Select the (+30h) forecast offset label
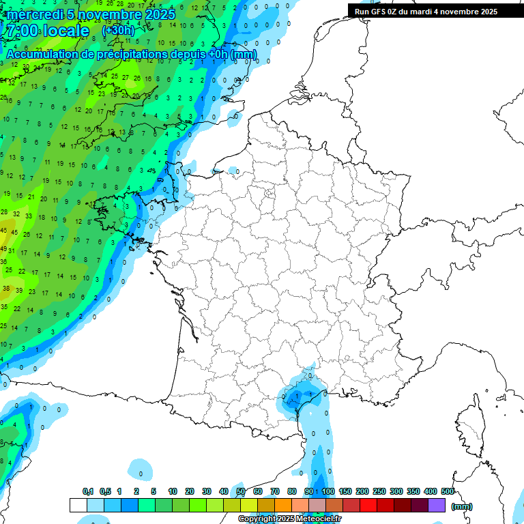pyautogui.click(x=118, y=31)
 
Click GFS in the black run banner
pyautogui.click(x=379, y=12)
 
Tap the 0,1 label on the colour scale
pyautogui.click(x=88, y=491)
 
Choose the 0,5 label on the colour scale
pyautogui.click(x=105, y=491)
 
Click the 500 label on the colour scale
pyautogui.click(x=448, y=491)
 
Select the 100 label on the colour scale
pyautogui.click(x=328, y=491)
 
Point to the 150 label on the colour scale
pyautogui.click(x=345, y=491)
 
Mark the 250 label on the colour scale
pyautogui.click(x=379, y=491)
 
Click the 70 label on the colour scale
pyautogui.click(x=275, y=491)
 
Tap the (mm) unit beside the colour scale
pyautogui.click(x=462, y=506)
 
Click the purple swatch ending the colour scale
pyautogui.click(x=437, y=506)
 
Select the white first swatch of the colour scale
pyautogui.click(x=78, y=506)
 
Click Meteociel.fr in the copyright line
pyautogui.click(x=319, y=519)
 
